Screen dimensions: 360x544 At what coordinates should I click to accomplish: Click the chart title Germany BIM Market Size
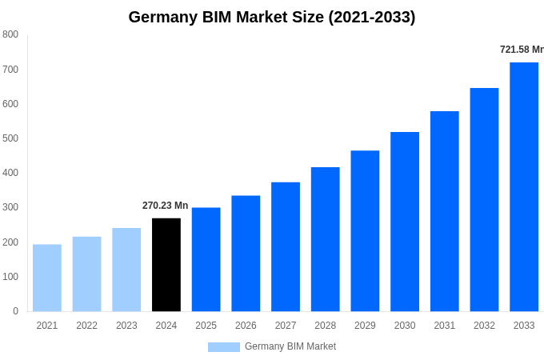(x=272, y=17)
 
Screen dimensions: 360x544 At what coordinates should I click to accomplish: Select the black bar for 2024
(x=166, y=265)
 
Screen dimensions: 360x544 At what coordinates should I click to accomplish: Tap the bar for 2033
(x=524, y=187)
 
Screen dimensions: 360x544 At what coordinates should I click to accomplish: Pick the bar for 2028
(x=326, y=239)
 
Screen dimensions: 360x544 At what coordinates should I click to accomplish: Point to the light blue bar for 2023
(x=126, y=270)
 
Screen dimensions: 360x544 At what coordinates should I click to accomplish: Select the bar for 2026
(x=246, y=254)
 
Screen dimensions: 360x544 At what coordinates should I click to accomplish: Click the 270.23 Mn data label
(x=166, y=206)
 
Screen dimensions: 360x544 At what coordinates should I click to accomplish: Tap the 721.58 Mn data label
(x=522, y=50)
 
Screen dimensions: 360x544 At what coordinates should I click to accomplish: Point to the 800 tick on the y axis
(x=10, y=34)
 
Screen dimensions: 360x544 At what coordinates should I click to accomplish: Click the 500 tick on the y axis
(x=10, y=138)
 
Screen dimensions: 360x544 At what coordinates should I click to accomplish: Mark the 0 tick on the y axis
(x=15, y=311)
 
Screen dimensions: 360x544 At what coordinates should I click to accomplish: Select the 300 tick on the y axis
(x=10, y=207)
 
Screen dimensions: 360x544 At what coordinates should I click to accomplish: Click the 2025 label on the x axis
(x=206, y=326)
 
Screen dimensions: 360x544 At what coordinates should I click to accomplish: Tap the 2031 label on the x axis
(x=445, y=326)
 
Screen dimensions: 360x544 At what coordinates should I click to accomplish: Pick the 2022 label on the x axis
(x=86, y=326)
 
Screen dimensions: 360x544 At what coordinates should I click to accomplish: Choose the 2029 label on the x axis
(x=365, y=326)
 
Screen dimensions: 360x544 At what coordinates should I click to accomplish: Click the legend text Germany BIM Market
(x=290, y=346)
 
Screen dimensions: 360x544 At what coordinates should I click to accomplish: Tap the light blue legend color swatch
(x=224, y=347)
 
